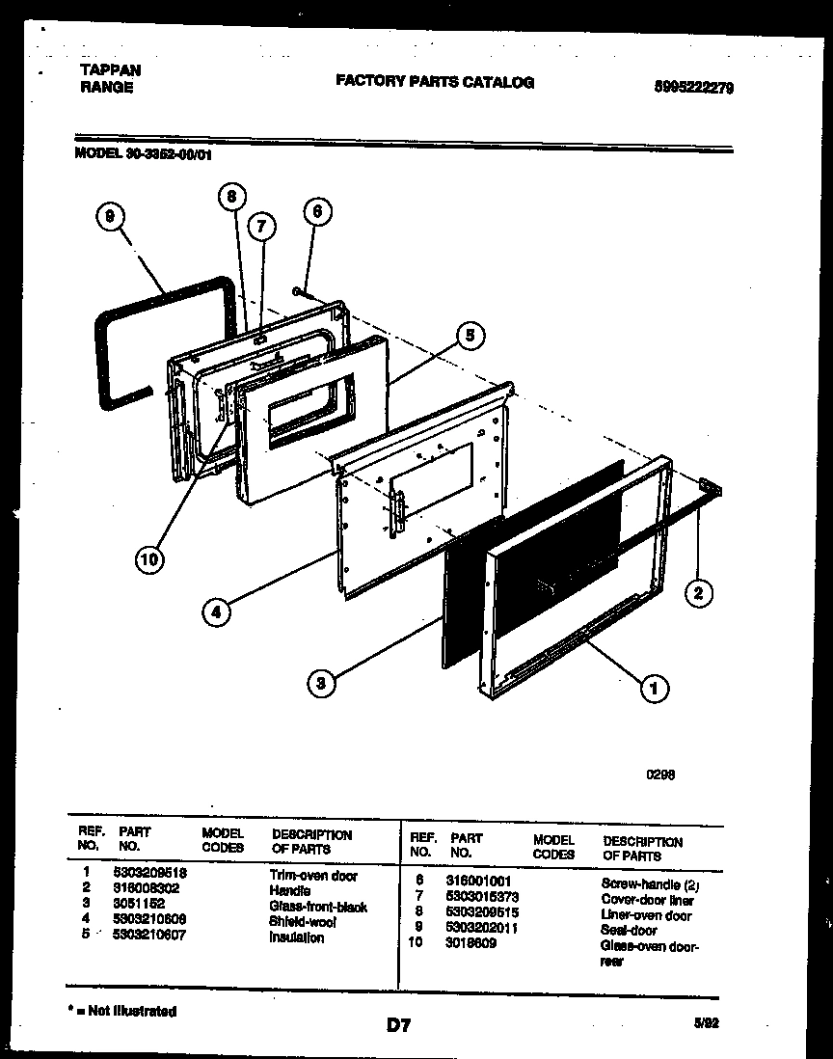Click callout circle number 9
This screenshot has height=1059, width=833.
(110, 219)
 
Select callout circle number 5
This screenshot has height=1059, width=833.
(469, 336)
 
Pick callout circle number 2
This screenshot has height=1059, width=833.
(697, 593)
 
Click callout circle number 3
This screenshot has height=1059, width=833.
(322, 684)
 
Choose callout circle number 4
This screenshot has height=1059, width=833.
(217, 611)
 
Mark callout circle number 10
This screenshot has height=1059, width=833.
(149, 558)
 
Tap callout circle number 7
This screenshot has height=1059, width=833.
(260, 227)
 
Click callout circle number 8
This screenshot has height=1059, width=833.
(229, 197)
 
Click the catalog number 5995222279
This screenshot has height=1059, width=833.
(694, 88)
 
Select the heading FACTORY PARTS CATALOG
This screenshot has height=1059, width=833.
(434, 82)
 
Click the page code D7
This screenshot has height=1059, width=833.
(399, 1026)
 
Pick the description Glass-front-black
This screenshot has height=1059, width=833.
(318, 907)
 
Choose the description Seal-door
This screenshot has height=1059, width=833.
(629, 931)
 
